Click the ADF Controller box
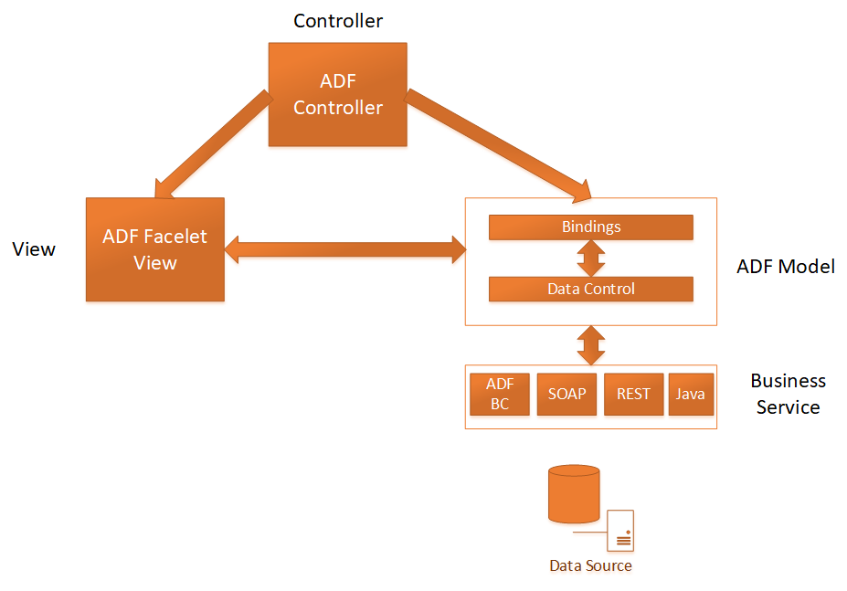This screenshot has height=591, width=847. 337,94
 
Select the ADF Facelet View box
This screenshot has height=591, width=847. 154,249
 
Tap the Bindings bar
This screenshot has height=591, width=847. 590,227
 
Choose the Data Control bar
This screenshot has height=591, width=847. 590,289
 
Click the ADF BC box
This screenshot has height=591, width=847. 500,394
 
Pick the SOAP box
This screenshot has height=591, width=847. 566,394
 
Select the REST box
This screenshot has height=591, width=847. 633,394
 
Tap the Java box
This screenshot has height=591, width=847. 690,394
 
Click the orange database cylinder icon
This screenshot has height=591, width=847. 574,494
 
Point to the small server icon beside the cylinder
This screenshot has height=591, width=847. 621,530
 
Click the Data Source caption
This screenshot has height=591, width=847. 590,565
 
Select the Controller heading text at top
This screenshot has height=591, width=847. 337,20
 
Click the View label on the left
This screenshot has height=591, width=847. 34,249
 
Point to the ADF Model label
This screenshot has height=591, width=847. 785,267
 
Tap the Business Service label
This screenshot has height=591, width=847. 788,394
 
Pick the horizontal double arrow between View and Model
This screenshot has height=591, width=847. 344,248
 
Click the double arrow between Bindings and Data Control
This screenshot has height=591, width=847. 591,258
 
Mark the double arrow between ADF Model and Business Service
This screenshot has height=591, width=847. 591,345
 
